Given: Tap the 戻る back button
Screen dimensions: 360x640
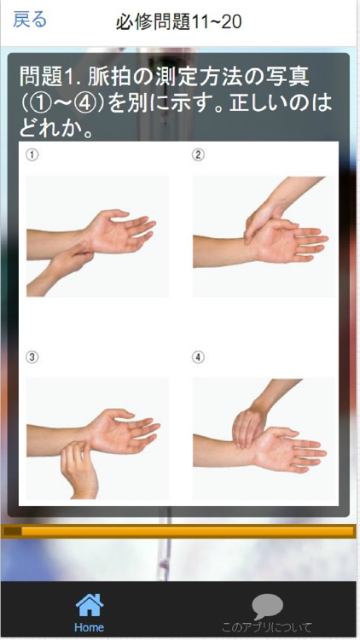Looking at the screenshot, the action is (x=30, y=19).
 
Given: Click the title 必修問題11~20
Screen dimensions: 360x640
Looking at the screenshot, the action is (x=179, y=21).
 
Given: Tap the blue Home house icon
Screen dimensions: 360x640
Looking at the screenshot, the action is (x=90, y=605).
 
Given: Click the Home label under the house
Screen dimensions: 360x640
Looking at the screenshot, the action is (x=89, y=627).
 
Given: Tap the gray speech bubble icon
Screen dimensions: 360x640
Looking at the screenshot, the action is (x=267, y=607).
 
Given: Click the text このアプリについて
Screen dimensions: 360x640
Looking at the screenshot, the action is (x=267, y=627).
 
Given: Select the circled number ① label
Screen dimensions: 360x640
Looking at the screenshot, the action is (x=32, y=155).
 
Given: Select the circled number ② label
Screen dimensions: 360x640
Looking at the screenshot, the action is (x=198, y=155).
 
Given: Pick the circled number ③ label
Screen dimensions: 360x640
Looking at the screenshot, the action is (x=32, y=358).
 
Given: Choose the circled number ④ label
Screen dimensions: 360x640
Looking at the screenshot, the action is (x=198, y=358).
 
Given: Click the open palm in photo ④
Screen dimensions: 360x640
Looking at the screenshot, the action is (x=286, y=449).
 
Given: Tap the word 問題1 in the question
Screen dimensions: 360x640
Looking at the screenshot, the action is (x=46, y=78).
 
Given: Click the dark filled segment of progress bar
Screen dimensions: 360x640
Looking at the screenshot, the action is (x=12, y=531).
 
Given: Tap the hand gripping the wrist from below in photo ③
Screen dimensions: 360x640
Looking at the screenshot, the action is (x=78, y=469).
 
